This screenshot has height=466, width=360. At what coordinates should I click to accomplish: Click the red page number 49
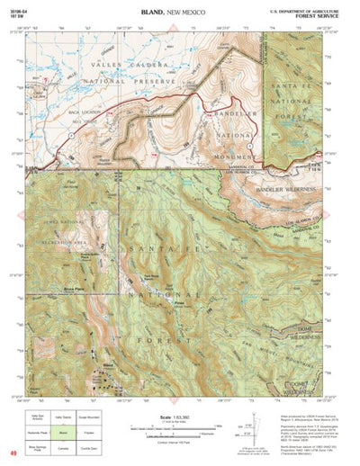coord(12,454)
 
